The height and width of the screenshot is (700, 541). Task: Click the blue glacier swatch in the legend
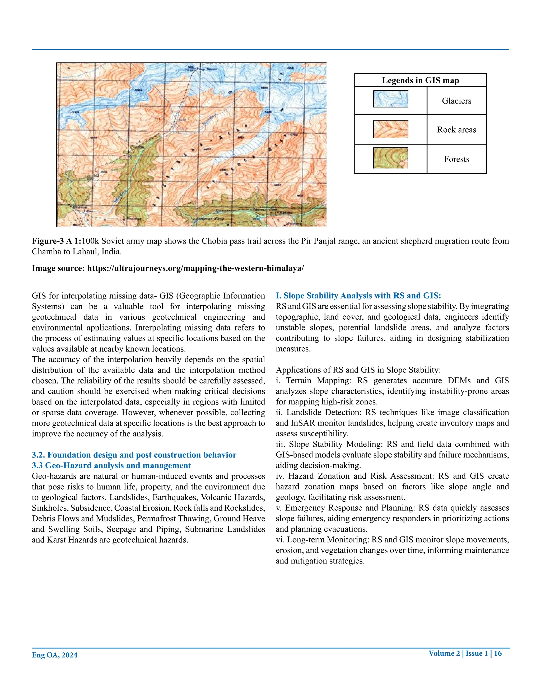point(390,99)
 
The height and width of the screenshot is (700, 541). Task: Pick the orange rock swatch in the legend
point(390,129)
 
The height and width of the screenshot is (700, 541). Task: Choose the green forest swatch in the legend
point(390,158)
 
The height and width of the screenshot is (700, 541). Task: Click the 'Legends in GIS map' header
point(420,81)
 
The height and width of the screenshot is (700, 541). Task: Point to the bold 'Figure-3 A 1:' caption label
point(57,241)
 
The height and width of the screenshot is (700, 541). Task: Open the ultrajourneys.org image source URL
point(195,268)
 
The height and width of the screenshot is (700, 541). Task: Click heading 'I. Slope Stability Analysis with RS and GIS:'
point(358,296)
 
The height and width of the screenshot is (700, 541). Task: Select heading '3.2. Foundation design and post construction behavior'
point(134,455)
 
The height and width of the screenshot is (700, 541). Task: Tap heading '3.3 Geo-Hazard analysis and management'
point(111,465)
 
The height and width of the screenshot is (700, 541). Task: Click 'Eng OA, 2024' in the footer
point(54,655)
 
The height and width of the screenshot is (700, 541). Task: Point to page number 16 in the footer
point(497,653)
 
